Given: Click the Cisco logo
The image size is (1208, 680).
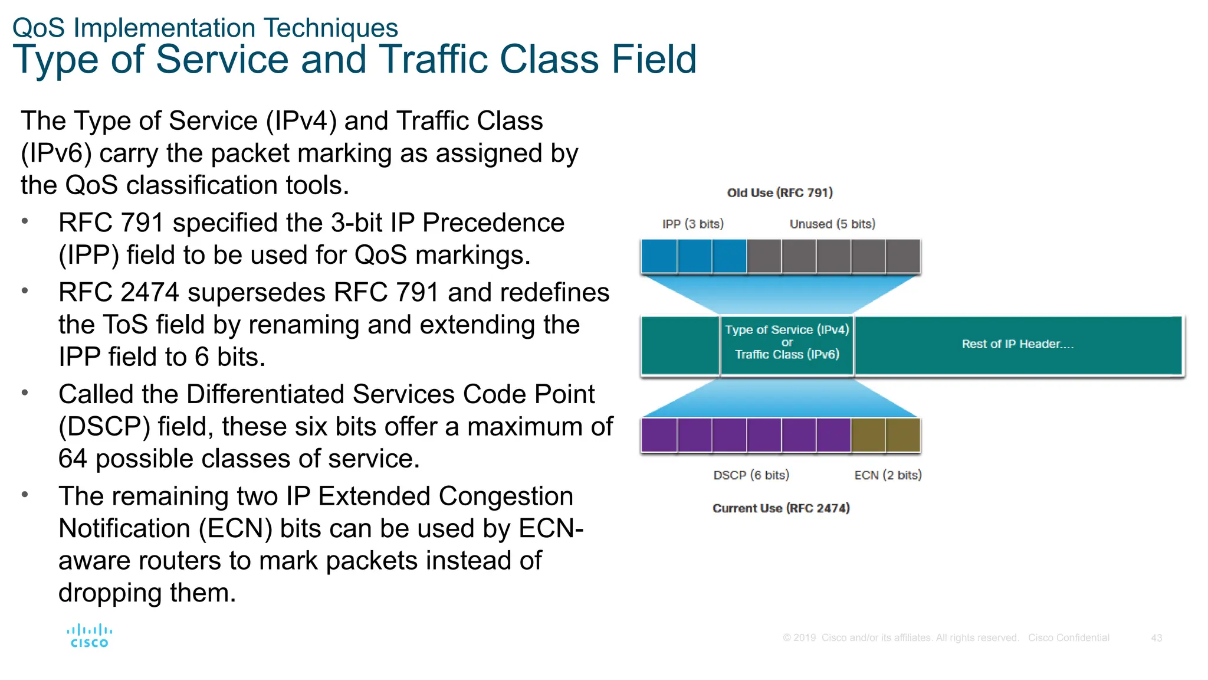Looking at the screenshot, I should click(89, 636).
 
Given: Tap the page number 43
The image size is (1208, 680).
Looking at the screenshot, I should click(1156, 638).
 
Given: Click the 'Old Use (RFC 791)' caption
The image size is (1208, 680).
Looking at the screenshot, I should click(779, 193).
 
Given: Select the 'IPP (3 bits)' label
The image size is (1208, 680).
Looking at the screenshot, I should click(692, 224).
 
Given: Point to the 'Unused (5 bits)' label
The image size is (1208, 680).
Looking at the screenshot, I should click(832, 224).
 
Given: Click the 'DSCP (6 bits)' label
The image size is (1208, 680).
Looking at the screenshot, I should click(750, 475).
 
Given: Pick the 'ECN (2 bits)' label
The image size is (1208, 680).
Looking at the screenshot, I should click(887, 475).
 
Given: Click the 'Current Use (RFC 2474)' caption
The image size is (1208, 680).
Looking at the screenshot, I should click(780, 508).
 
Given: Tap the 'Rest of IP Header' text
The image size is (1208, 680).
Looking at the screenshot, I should click(1017, 344).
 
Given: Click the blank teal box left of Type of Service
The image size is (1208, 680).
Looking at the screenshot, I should click(680, 345).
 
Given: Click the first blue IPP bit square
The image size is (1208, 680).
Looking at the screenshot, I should click(659, 256).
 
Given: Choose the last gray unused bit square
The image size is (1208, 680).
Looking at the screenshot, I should click(902, 256).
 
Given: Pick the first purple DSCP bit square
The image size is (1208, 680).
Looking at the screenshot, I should click(659, 435).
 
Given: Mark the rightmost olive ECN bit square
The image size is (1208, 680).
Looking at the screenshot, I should click(902, 435).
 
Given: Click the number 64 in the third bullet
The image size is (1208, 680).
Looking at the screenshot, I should click(73, 459).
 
